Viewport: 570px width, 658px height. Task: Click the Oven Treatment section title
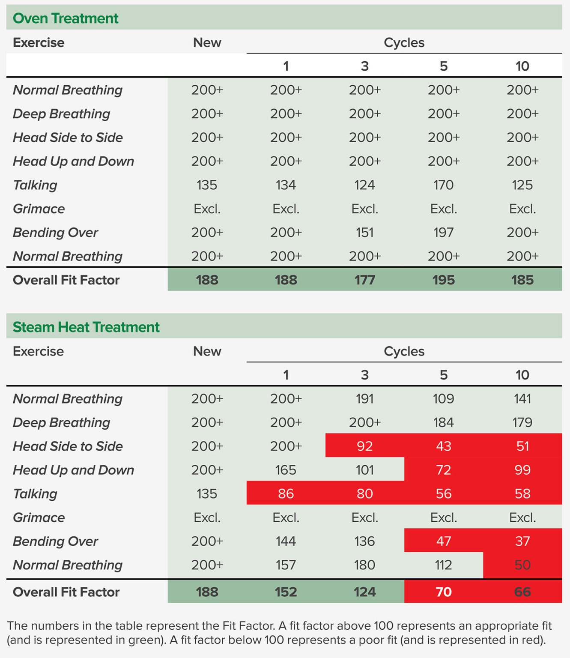[x=66, y=18]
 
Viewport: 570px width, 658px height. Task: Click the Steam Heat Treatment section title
[x=86, y=327]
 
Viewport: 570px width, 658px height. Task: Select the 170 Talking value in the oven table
[x=443, y=185]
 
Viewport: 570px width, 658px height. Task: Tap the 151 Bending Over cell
[x=364, y=233]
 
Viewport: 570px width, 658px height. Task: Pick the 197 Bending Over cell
[x=443, y=233]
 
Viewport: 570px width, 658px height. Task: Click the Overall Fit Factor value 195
[x=443, y=280]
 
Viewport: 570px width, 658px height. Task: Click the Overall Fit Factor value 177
[x=364, y=280]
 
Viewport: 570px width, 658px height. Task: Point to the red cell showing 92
[x=364, y=446]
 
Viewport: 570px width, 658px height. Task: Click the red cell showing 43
[x=443, y=446]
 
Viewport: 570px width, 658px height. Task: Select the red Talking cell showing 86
[x=286, y=494]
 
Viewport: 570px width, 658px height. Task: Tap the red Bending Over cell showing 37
[x=522, y=541]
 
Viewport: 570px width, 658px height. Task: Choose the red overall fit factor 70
[x=443, y=592]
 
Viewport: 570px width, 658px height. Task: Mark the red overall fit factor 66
[x=522, y=592]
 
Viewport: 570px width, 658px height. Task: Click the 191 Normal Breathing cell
[x=364, y=399]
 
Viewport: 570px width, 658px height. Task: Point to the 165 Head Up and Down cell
[x=286, y=470]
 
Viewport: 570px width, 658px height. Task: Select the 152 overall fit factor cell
[x=286, y=592]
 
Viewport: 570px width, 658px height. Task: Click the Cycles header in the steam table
[x=404, y=351]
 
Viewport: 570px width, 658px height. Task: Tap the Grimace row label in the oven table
[x=39, y=209]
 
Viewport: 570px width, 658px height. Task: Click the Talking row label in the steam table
[x=35, y=494]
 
